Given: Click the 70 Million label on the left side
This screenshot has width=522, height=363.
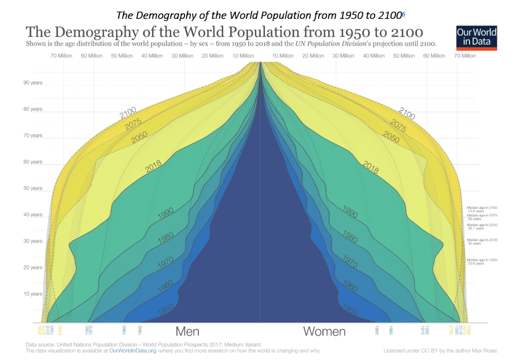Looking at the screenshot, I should pyautogui.click(x=62, y=56).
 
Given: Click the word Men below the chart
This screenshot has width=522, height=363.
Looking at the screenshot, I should pyautogui.click(x=187, y=332).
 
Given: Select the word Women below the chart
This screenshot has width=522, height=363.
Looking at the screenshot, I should pyautogui.click(x=324, y=332).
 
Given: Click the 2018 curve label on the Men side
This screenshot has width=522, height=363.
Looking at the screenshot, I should pyautogui.click(x=153, y=167).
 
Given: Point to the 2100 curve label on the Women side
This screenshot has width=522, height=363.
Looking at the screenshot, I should pyautogui.click(x=407, y=114).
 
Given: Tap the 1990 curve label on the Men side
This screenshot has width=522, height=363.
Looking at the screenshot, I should pyautogui.click(x=166, y=213).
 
